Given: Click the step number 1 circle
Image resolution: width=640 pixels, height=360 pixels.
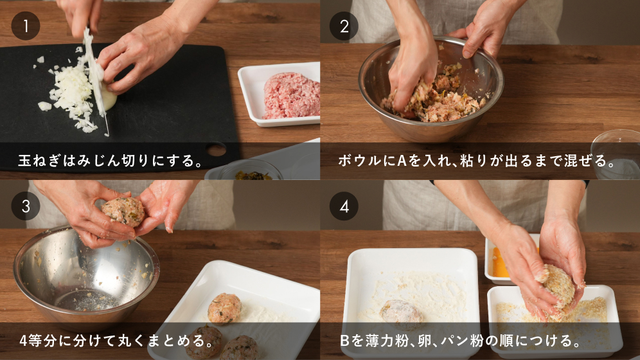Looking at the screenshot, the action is tap(25, 26).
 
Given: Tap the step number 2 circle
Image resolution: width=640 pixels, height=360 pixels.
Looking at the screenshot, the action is tap(344, 26).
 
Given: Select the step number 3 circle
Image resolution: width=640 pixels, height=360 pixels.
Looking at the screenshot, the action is tap(25, 206).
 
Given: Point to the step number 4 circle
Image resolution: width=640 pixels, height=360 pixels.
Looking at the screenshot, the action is tap(344, 206).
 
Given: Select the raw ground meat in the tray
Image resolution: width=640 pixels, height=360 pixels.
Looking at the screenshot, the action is tap(292, 96).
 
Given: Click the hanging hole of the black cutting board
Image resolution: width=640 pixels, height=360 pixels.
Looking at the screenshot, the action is tap(216, 150).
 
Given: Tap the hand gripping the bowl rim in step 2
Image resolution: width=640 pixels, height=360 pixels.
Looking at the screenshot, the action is tap(486, 33).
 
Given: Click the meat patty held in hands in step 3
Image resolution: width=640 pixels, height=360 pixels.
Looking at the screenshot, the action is tap(123, 211).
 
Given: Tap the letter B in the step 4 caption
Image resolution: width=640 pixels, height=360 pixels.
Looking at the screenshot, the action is tap(344, 341).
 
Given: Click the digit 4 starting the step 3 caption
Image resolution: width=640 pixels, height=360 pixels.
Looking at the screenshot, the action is tap(23, 341).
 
